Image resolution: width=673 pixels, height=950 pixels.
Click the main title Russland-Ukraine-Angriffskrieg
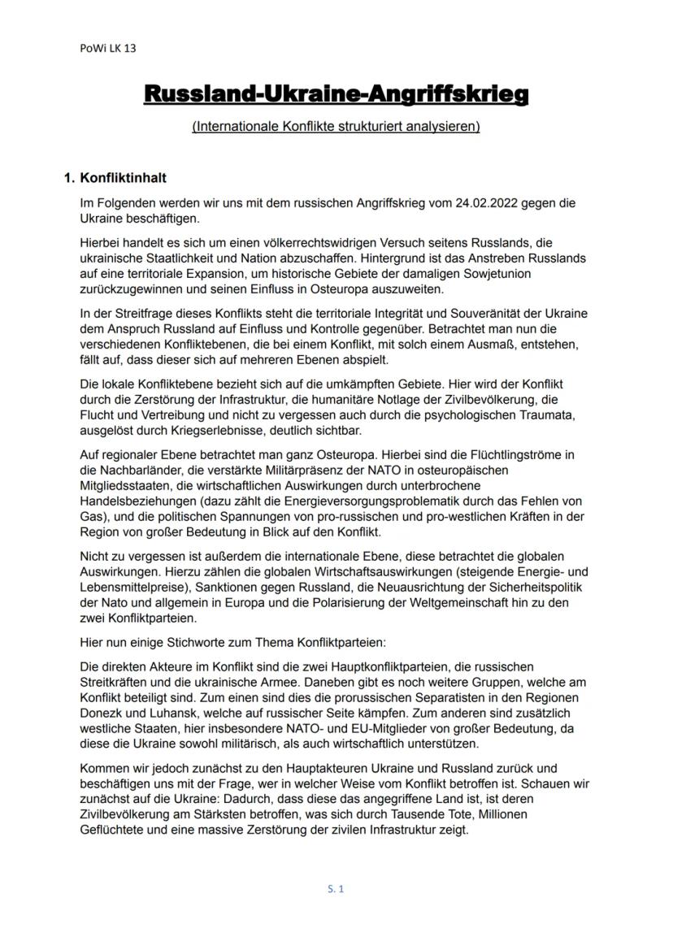(336, 95)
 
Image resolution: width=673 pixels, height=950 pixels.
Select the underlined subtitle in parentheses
(336, 127)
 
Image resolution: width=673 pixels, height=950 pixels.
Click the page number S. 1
(336, 888)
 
